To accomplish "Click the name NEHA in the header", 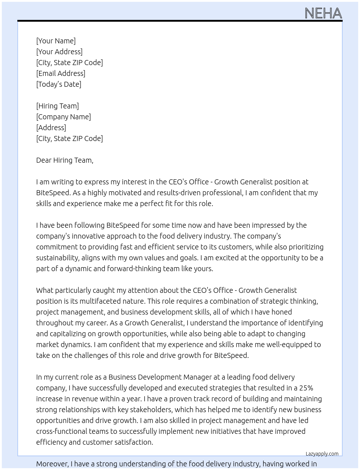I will point(323,13).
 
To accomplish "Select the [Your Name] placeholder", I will point(56,41).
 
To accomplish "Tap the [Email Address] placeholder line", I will point(61,73).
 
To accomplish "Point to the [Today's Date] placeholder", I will point(59,84).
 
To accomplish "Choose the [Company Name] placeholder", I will point(63,117).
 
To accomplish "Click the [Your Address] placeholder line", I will point(59,52).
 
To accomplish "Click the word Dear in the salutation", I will point(44,160).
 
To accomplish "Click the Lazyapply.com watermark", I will point(322,454).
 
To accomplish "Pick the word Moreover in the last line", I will point(52,464).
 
